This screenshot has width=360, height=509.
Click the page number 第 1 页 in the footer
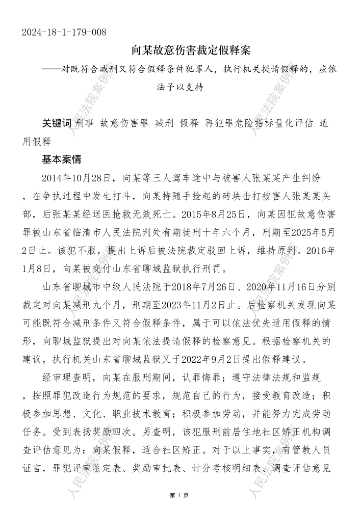179,495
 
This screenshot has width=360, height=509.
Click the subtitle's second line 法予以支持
181,87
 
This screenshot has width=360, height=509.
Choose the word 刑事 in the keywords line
84,124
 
